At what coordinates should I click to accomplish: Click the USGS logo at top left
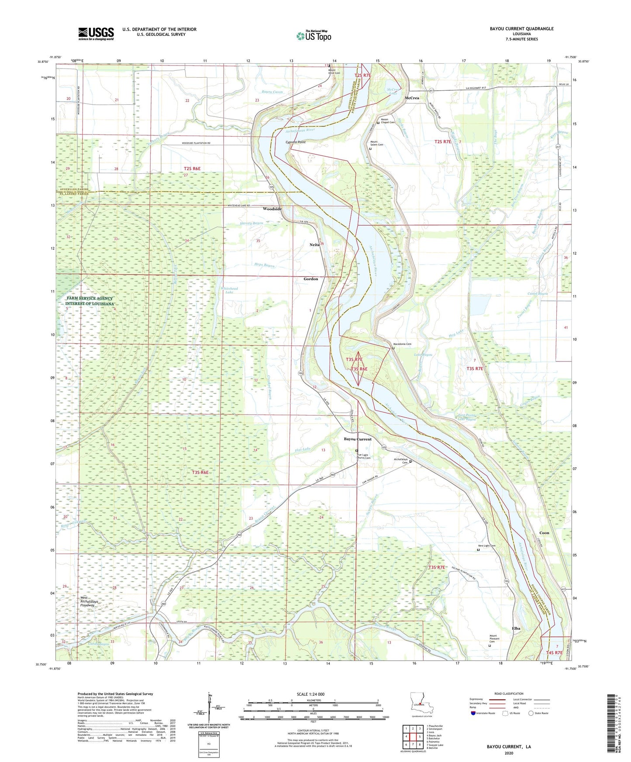pyautogui.click(x=96, y=34)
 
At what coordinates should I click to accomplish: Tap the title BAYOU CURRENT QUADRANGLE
pyautogui.click(x=521, y=29)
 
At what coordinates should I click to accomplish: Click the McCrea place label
pyautogui.click(x=412, y=98)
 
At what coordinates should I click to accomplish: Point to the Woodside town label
pyautogui.click(x=272, y=209)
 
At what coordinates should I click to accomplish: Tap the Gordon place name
pyautogui.click(x=311, y=278)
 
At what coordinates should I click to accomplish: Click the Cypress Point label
pyautogui.click(x=296, y=142)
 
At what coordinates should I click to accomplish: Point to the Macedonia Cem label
pyautogui.click(x=402, y=344)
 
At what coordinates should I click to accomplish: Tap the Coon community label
pyautogui.click(x=544, y=533)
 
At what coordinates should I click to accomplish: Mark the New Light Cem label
pyautogui.click(x=487, y=546)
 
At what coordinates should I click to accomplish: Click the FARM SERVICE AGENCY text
pyautogui.click(x=90, y=298)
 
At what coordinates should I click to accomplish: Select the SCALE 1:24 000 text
pyautogui.click(x=310, y=694)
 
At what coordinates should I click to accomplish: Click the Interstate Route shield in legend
pyautogui.click(x=473, y=713)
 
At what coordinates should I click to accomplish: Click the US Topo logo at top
pyautogui.click(x=313, y=36)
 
